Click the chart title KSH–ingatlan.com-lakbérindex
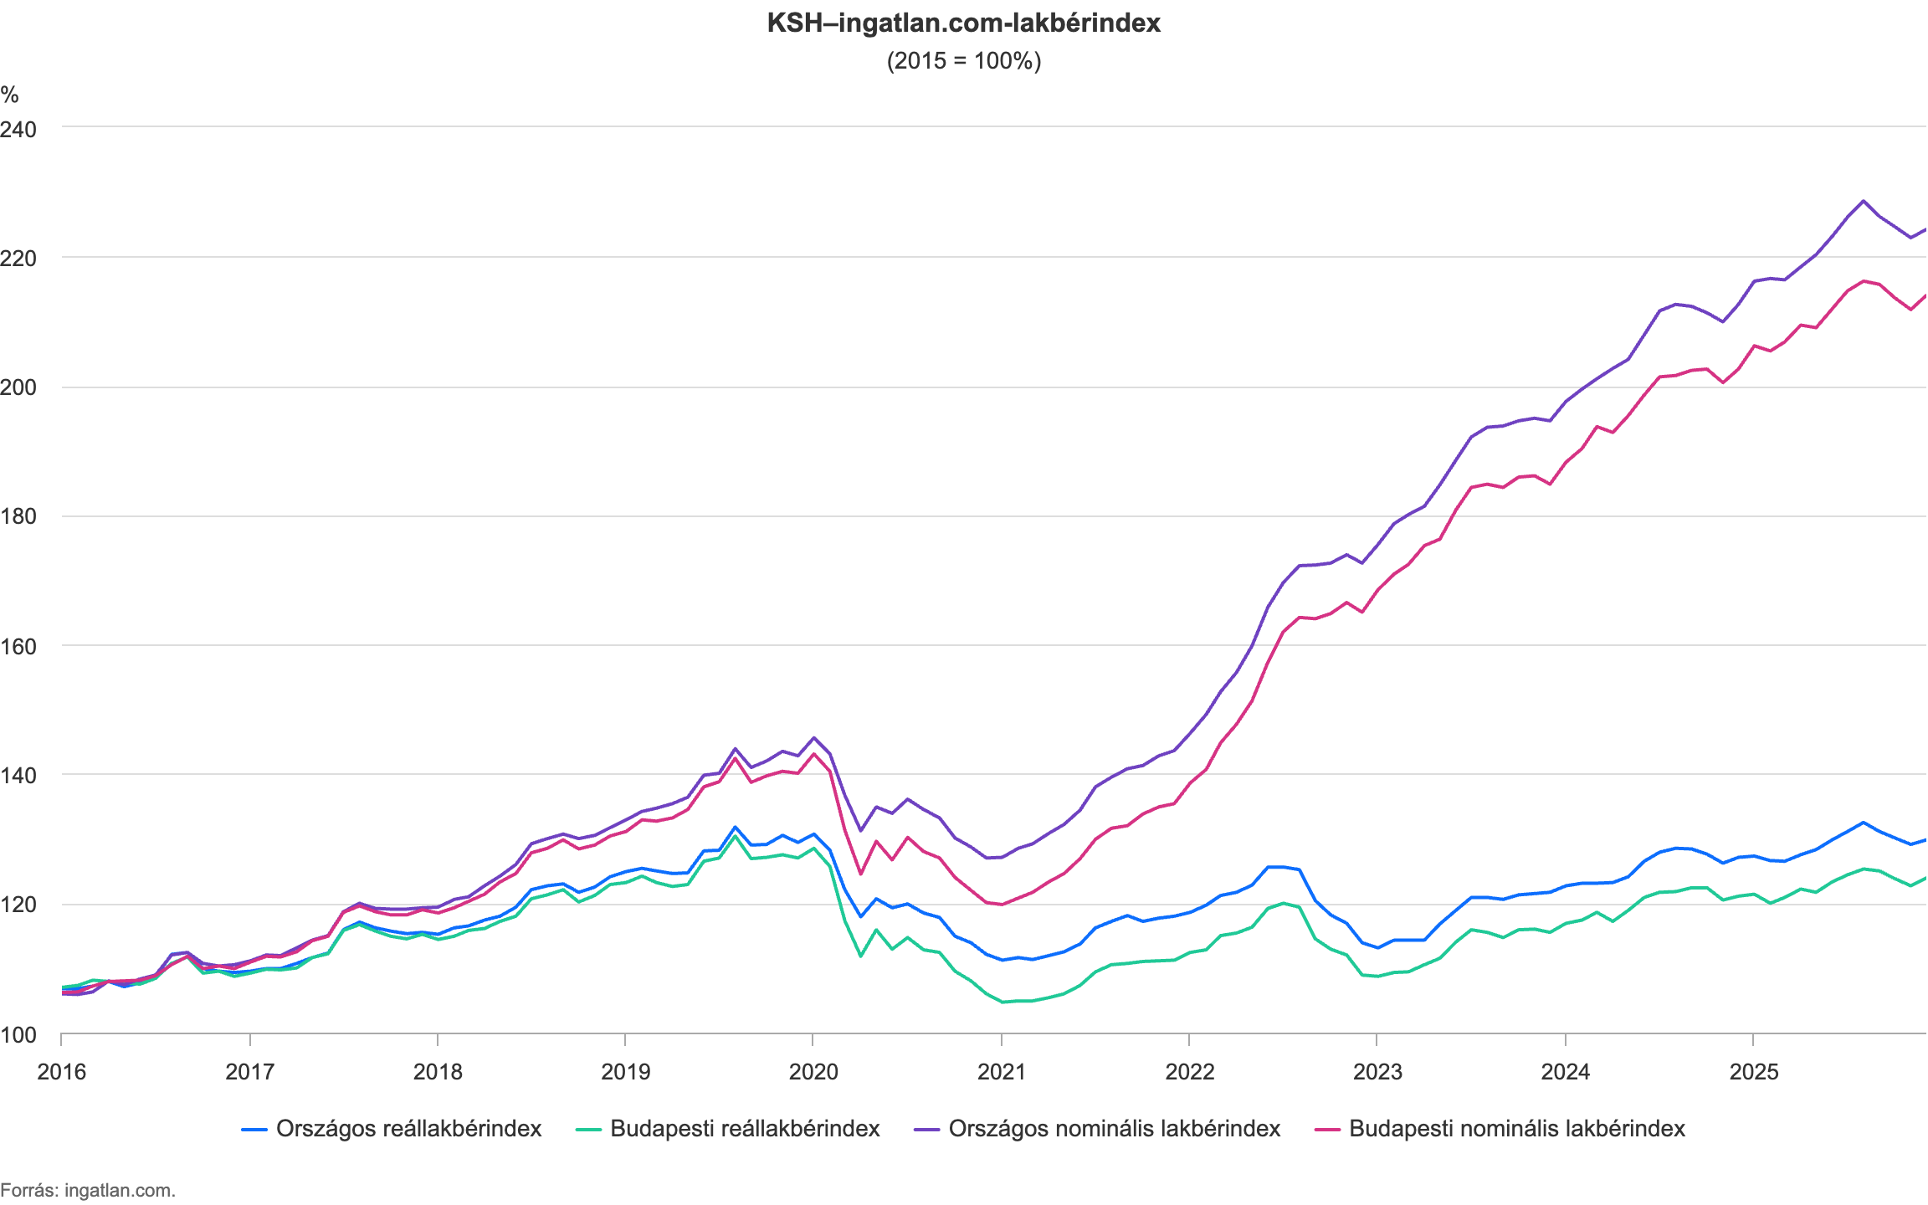[x=963, y=23]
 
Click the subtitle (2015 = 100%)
[x=963, y=61]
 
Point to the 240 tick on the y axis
[x=18, y=129]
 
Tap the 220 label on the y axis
[x=18, y=259]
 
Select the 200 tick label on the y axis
[x=18, y=387]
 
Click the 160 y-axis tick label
[x=18, y=646]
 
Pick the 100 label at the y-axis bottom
[x=18, y=1035]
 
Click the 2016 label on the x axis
[x=61, y=1072]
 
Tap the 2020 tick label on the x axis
[x=813, y=1072]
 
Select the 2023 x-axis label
[x=1377, y=1072]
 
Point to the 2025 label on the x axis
[x=1753, y=1072]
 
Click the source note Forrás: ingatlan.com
[x=88, y=1190]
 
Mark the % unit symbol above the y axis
[x=9, y=95]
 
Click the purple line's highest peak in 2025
[x=1863, y=201]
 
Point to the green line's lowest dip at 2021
[x=1002, y=1001]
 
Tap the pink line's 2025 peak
[x=1864, y=281]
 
